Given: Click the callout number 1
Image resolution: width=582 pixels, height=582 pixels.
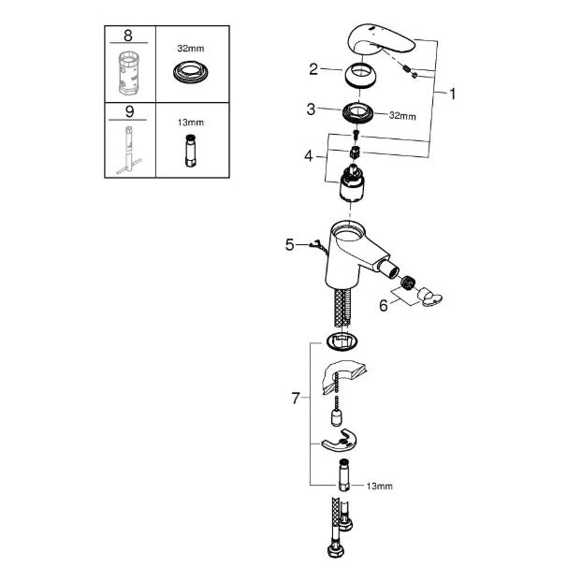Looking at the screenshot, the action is pos(452,94).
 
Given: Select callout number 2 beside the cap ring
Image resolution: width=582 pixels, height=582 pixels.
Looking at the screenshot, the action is pos(313,69).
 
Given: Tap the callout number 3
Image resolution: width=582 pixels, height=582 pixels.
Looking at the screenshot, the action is pos(311,109).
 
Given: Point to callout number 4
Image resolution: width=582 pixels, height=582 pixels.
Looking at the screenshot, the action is pos(309,156).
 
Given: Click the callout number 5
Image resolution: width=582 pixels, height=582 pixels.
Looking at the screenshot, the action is pos(289,245).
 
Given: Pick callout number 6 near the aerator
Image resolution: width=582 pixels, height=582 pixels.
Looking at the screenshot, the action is pos(384,305).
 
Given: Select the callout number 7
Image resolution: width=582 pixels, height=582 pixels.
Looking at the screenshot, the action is pos(296,399).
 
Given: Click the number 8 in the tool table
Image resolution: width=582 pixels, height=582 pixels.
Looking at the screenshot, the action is pos(128,36).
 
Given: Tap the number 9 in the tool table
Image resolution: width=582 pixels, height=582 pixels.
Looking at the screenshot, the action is pos(129,111).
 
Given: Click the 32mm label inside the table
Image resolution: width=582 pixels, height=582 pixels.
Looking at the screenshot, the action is pos(190,49).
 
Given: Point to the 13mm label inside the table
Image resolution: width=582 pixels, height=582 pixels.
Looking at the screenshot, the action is pos(190,123).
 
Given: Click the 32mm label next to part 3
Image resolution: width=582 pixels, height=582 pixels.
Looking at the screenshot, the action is pos(402,116).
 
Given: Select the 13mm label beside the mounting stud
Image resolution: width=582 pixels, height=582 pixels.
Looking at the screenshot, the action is pos(379,486).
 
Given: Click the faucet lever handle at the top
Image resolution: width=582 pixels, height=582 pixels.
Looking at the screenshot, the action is pos(380,41).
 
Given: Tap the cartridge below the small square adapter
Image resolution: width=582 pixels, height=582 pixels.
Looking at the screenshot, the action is pos(352,183).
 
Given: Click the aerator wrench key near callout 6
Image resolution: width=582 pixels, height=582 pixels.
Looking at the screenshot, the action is pos(429,298).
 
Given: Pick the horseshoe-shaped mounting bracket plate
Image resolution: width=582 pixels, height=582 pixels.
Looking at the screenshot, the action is pos(338,441).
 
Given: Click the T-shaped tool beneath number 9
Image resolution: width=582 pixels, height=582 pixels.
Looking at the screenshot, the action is pos(128,150).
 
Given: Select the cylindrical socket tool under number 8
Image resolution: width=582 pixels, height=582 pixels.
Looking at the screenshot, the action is pos(129,73).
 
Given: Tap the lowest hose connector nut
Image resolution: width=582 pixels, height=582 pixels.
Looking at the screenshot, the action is pos(336,550).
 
